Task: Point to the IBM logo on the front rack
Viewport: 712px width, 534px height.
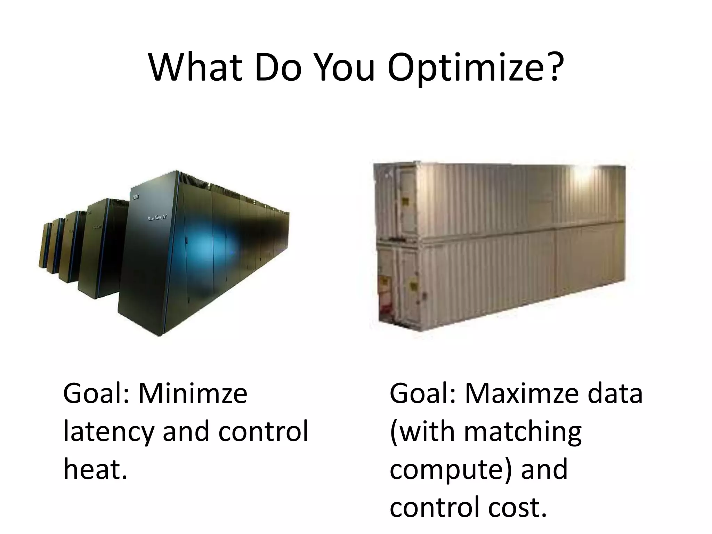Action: coord(135,197)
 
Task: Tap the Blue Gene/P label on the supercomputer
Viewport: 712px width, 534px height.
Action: coord(157,218)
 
